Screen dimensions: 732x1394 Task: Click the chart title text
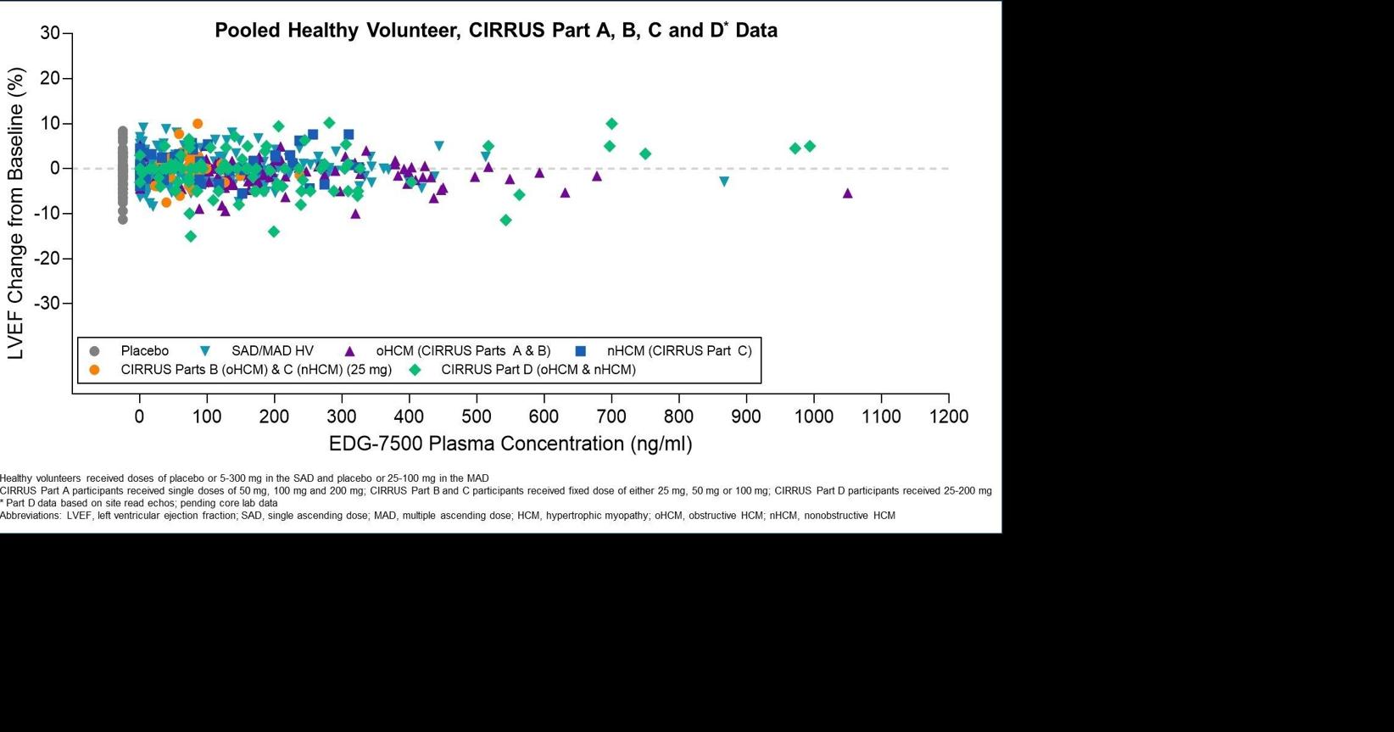tap(495, 31)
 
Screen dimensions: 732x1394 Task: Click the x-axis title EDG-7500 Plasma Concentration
tap(510, 444)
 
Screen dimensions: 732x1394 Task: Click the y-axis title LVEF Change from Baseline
tap(16, 214)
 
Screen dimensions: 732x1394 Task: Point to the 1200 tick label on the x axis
tap(948, 417)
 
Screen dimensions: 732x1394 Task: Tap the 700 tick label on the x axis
tap(611, 417)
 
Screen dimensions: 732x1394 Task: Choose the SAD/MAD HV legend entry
tap(272, 351)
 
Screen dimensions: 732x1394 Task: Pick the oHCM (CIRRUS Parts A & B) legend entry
tap(463, 351)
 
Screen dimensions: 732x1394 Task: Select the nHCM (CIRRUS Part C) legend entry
tap(678, 351)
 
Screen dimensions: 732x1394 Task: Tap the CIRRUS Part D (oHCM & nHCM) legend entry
tap(538, 370)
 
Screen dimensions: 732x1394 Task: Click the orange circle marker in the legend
tap(94, 370)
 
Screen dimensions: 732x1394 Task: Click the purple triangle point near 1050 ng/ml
tap(847, 193)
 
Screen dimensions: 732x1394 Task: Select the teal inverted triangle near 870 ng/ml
tap(724, 182)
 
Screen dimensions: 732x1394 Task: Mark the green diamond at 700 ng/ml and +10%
tap(611, 124)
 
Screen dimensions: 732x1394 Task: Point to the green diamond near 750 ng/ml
tap(645, 154)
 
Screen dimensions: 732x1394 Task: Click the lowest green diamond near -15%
tap(191, 237)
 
